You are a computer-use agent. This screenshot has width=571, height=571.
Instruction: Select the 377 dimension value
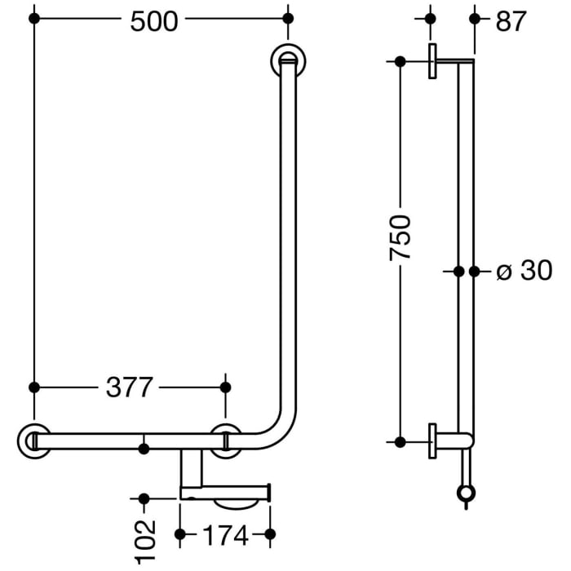[x=129, y=388]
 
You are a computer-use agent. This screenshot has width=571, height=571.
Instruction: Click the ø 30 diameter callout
[x=525, y=270]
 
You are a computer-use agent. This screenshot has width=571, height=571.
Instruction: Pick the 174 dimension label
[x=224, y=536]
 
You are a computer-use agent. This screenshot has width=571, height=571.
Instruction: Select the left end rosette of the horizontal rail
[x=33, y=440]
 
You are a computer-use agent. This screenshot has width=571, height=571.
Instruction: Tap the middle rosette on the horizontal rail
[x=225, y=440]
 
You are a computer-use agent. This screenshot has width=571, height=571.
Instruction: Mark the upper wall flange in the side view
[x=432, y=62]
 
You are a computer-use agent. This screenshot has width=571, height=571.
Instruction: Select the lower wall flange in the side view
[x=432, y=441]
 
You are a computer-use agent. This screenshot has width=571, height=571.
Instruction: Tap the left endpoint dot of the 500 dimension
[x=33, y=17]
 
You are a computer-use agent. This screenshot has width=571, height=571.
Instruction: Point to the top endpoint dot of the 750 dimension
[x=401, y=62]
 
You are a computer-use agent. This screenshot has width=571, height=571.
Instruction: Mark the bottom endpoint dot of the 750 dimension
[x=401, y=441]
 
